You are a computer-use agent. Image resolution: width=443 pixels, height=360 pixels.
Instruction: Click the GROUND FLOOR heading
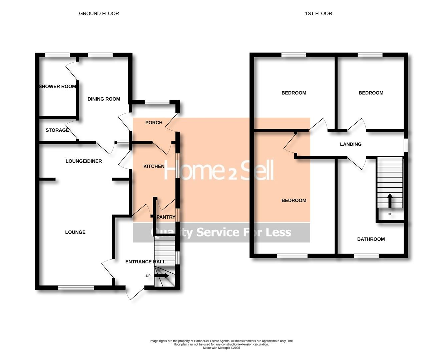[x=99, y=14]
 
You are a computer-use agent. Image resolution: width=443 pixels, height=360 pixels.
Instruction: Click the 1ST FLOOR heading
[x=318, y=14]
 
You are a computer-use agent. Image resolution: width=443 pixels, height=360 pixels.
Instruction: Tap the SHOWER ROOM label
[x=57, y=87]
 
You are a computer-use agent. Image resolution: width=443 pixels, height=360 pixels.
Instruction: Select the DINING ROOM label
[x=104, y=99]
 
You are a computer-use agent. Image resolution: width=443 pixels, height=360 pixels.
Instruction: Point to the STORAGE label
[x=57, y=130]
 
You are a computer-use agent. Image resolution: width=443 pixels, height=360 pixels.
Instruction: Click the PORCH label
[x=154, y=123]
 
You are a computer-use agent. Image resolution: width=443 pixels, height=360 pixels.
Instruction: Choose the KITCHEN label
[x=154, y=166]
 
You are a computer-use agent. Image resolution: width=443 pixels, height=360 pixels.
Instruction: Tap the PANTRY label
[x=166, y=217]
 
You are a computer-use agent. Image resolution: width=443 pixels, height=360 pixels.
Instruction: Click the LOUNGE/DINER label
[x=84, y=161]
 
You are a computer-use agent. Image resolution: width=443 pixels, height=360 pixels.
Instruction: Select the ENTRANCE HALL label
[x=145, y=262]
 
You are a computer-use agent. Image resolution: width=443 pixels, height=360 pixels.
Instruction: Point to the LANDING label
[x=351, y=144]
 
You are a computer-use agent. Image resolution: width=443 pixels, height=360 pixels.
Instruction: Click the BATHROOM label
[x=371, y=239]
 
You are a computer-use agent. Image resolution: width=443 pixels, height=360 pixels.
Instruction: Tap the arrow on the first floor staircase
[x=390, y=200]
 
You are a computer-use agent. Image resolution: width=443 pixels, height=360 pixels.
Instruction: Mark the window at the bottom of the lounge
[x=76, y=287]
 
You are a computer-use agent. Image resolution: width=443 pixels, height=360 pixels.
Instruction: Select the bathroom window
[x=366, y=256]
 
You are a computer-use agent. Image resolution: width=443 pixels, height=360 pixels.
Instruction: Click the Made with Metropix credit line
[x=221, y=348]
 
